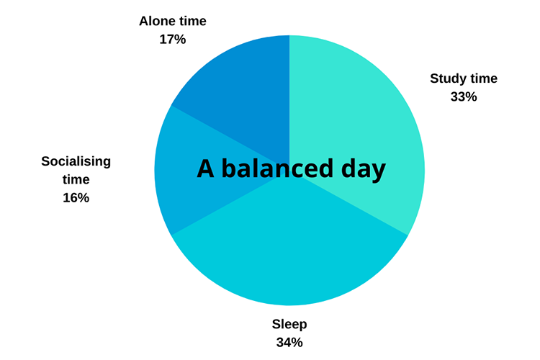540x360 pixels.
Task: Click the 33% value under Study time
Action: tap(464, 96)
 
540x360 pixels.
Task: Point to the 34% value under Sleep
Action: tap(289, 343)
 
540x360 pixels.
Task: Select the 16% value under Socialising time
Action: tap(76, 198)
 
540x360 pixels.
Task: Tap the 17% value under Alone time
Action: tap(173, 40)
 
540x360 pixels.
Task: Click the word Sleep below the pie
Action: tap(289, 325)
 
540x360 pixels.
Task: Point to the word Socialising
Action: tap(76, 161)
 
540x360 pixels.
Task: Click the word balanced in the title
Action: tap(278, 168)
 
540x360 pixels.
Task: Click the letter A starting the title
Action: tap(206, 168)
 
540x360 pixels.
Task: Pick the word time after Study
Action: tap(483, 78)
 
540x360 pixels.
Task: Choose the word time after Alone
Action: tap(192, 21)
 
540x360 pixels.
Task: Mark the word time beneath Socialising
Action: tap(76, 179)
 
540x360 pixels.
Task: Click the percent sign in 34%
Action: tap(297, 343)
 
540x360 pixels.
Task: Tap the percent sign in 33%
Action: tap(472, 96)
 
